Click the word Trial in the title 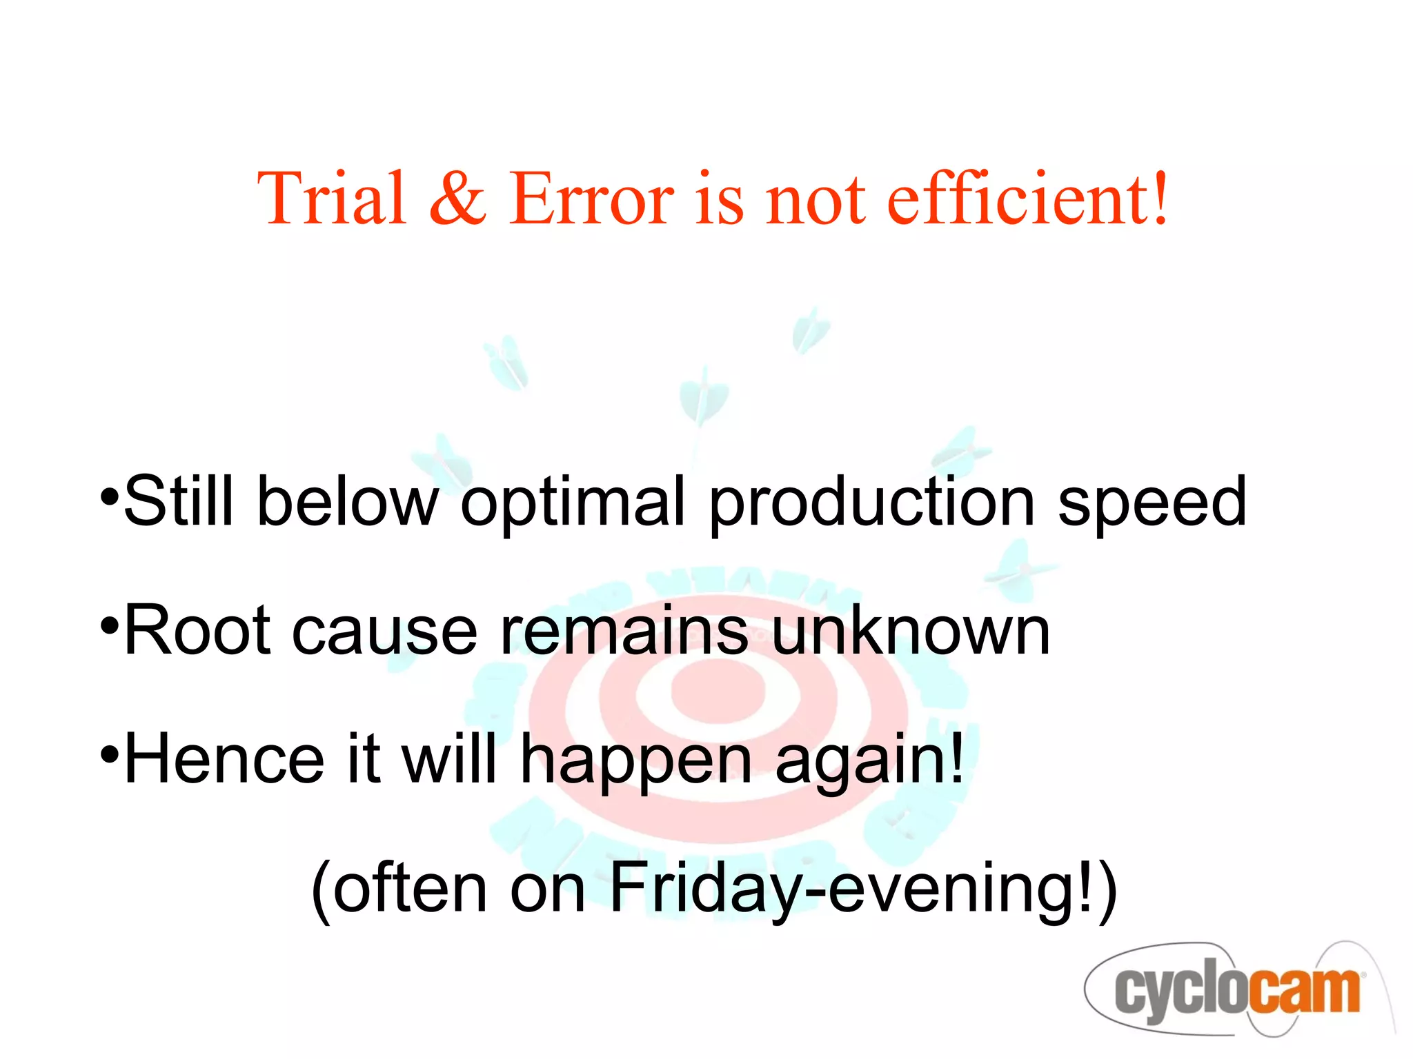[331, 199]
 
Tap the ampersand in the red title [457, 199]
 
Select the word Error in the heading [592, 199]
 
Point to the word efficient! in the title [1028, 199]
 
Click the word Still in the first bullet [179, 501]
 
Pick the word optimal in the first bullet [573, 501]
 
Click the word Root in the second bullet [197, 630]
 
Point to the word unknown [911, 630]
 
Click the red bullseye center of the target [718, 689]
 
